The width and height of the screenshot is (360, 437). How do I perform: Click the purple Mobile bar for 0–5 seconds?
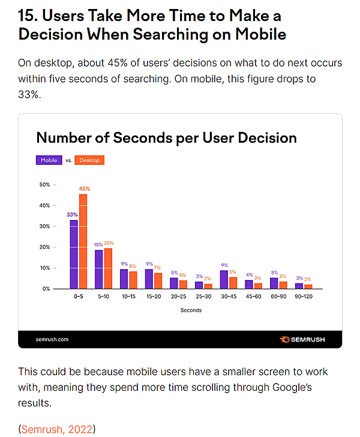pyautogui.click(x=74, y=254)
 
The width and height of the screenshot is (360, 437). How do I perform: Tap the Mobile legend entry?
pyautogui.click(x=49, y=160)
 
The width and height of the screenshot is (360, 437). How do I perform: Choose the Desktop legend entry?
pyautogui.click(x=90, y=160)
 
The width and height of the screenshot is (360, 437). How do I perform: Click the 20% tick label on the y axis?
pyautogui.click(x=44, y=247)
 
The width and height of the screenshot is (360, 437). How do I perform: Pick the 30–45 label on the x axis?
pyautogui.click(x=229, y=297)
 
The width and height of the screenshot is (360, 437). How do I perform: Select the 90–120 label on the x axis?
pyautogui.click(x=304, y=297)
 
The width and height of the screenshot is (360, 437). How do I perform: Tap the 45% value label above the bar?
pyautogui.click(x=84, y=188)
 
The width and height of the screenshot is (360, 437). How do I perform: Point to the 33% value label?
pyautogui.click(x=73, y=215)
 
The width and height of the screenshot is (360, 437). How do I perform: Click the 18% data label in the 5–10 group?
pyautogui.click(x=98, y=244)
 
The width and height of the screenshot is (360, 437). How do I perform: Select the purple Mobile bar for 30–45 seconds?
pyautogui.click(x=224, y=279)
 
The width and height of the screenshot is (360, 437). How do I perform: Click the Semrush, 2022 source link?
pyautogui.click(x=58, y=429)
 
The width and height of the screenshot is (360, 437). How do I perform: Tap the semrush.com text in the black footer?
pyautogui.click(x=52, y=339)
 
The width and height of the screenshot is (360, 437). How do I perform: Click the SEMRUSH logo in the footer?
pyautogui.click(x=303, y=339)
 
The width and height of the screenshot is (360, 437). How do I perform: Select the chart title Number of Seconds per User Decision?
pyautogui.click(x=166, y=138)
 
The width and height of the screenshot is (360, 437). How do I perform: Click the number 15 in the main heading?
pyautogui.click(x=27, y=16)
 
